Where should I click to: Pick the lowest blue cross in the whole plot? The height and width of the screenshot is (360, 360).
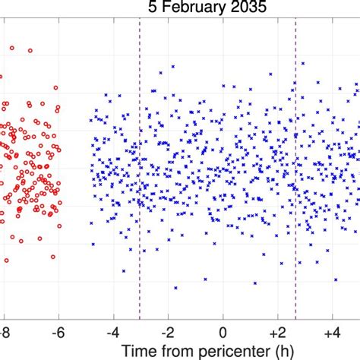(175, 288)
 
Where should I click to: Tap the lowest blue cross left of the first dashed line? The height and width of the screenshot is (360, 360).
(124, 270)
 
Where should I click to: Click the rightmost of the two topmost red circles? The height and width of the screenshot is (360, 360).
(30, 51)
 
